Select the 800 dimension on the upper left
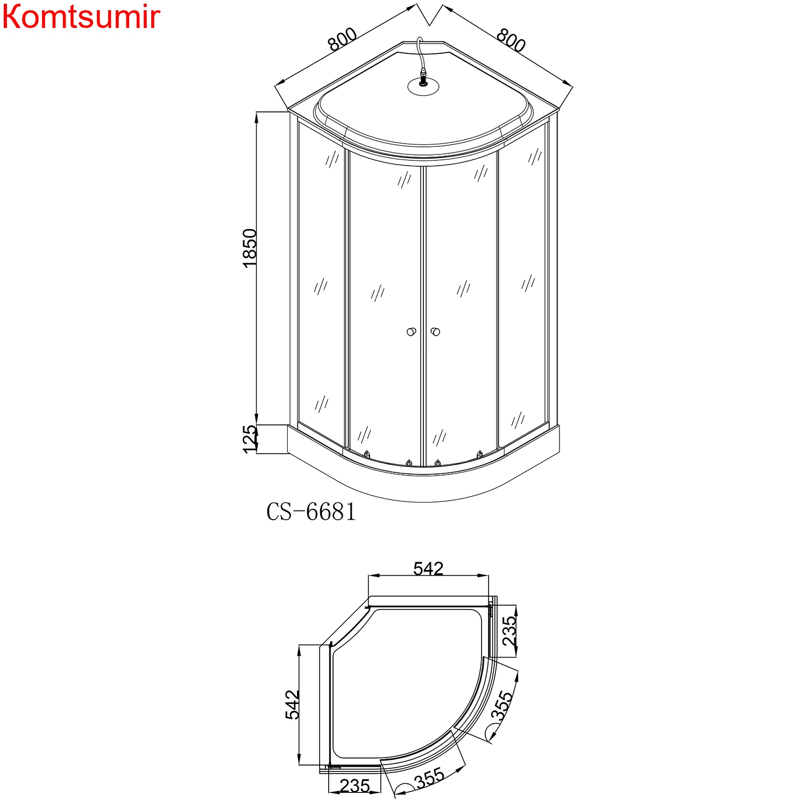pos(343,39)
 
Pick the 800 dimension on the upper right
pos(510,40)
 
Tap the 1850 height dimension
pos(250,249)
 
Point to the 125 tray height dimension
pos(250,439)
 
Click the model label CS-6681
pos(311,512)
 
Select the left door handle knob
pos(412,331)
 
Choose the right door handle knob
pos(435,331)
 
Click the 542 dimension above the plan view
pos(428,569)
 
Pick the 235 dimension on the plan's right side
pos(508,631)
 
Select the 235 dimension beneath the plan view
pos(355,786)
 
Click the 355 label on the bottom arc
pos(429,778)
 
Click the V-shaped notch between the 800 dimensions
pos(429,16)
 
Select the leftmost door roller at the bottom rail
pos(367,454)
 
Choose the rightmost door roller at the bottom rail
pos(479,454)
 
